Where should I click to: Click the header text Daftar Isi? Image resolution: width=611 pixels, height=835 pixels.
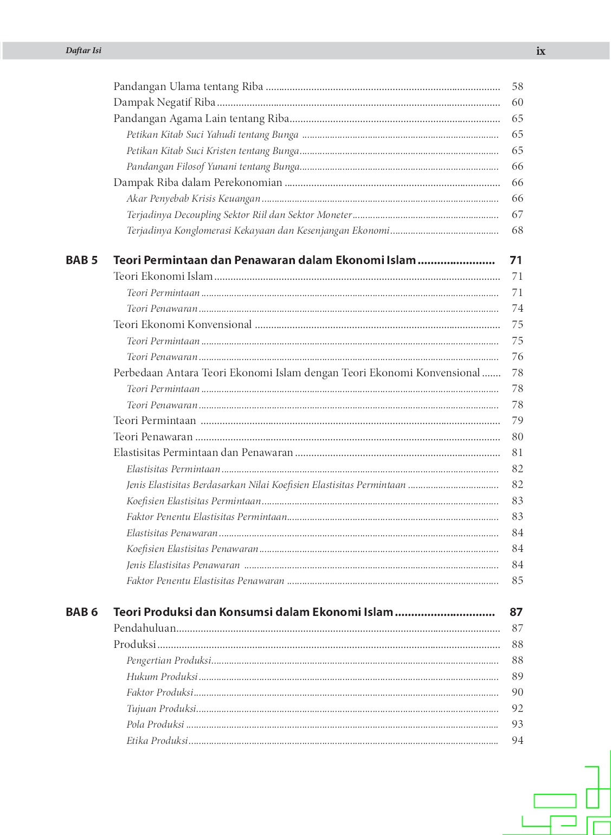click(x=83, y=50)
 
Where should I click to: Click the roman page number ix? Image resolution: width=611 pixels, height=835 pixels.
click(x=541, y=51)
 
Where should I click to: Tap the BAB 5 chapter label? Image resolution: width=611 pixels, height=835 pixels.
click(x=81, y=260)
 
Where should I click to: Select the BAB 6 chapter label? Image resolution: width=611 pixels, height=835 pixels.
click(x=81, y=612)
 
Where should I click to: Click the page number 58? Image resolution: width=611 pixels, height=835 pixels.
click(x=517, y=86)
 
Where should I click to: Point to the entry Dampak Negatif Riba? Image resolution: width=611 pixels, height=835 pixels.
click(x=164, y=102)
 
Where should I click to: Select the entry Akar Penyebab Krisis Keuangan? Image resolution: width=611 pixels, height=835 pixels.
click(x=194, y=198)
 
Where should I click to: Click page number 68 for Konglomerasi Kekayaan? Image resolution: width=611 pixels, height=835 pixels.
click(x=517, y=230)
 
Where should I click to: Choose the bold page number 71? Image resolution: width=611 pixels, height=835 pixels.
click(x=516, y=260)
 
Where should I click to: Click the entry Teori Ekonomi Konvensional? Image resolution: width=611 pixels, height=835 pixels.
click(x=183, y=325)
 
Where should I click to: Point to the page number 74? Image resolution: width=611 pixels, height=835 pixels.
click(x=517, y=309)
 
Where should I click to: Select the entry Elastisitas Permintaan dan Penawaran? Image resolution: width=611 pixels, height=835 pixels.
click(x=203, y=453)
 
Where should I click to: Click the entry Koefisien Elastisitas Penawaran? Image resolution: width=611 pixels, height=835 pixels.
click(x=192, y=549)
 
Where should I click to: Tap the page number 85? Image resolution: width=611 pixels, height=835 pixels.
click(x=517, y=581)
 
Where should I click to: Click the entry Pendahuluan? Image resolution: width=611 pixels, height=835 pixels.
click(x=145, y=628)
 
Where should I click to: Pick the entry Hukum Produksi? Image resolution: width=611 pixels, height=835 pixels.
click(x=162, y=677)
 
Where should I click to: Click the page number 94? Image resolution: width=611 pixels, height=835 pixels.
click(x=517, y=741)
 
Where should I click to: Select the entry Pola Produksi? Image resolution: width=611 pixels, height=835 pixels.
click(x=155, y=724)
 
